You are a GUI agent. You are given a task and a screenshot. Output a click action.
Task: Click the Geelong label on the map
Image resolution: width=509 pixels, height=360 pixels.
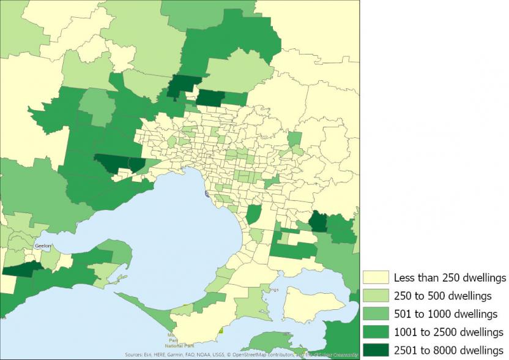tap(43, 244)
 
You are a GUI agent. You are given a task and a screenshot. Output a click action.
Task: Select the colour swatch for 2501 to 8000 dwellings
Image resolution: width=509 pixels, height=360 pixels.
tap(375, 350)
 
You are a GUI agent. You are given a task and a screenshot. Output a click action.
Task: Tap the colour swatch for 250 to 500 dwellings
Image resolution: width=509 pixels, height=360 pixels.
tap(375, 296)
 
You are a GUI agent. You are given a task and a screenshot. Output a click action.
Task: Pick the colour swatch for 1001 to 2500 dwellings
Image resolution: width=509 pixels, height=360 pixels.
tap(375, 332)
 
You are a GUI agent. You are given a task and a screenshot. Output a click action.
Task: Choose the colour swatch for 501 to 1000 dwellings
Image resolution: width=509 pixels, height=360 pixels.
tap(375, 314)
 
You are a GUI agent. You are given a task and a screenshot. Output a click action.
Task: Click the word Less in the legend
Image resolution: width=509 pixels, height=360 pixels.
tap(404, 278)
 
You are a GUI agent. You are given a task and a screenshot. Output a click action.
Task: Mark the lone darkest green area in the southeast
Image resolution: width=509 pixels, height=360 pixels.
tap(318, 222)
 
